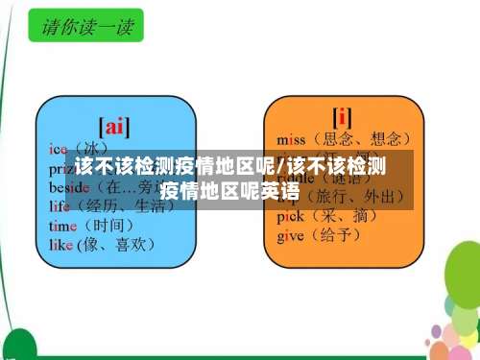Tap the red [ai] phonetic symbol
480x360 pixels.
tap(115, 126)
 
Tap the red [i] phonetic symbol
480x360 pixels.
tap(342, 117)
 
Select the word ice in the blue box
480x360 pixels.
tap(59, 149)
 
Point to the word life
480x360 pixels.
tap(60, 204)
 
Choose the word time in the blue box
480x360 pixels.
tap(63, 225)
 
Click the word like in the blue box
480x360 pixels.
tap(61, 245)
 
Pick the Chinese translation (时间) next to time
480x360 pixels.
tap(108, 225)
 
